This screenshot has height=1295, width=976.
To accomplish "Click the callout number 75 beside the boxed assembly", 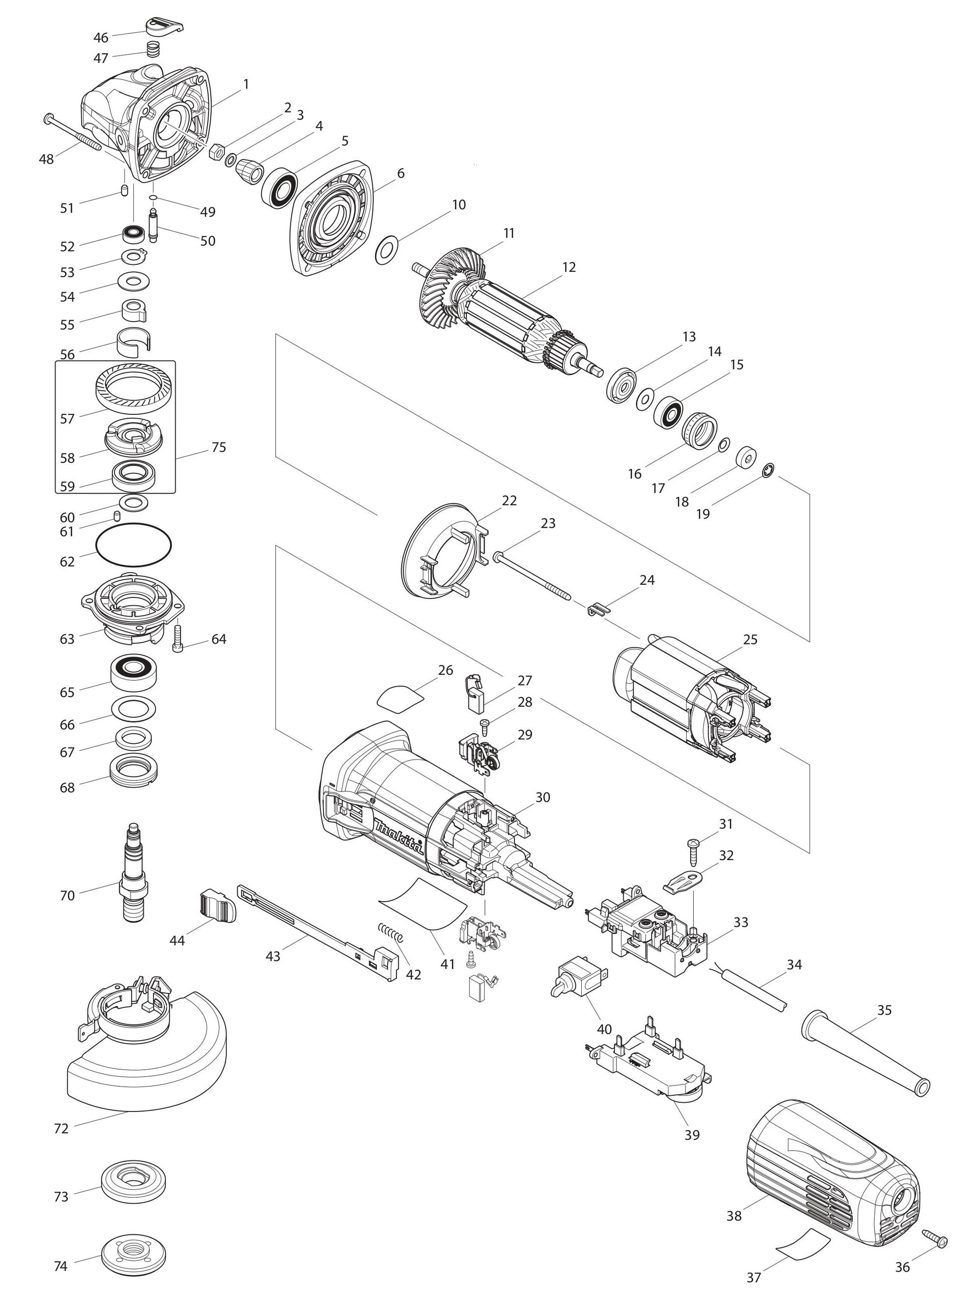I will [218, 447].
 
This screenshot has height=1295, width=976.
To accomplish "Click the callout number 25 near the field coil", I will [750, 639].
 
